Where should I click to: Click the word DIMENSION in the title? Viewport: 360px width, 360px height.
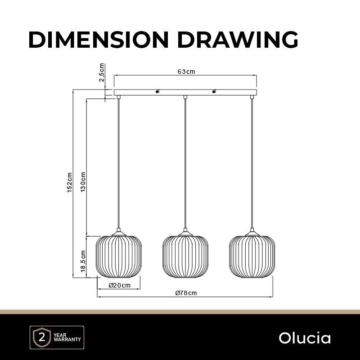coord(99,40)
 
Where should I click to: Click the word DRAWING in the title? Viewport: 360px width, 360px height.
coord(238,40)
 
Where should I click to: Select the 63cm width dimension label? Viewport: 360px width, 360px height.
coord(186,72)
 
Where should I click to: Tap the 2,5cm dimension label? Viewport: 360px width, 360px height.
coord(102,72)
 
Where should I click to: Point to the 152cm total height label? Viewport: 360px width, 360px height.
coord(70,183)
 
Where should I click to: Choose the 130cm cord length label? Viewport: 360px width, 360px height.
coord(83,182)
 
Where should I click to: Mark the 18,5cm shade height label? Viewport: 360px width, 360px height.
coord(83,261)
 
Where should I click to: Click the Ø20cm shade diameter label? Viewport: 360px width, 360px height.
coord(119,285)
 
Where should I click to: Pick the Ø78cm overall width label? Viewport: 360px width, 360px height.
coord(186,293)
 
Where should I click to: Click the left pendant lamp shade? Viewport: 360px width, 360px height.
coord(119,256)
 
